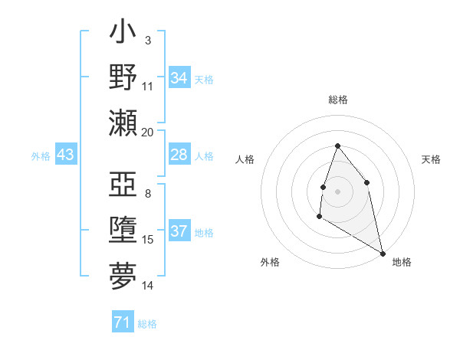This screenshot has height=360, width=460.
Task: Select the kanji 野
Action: coord(123,77)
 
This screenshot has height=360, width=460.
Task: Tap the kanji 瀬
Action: coord(123,123)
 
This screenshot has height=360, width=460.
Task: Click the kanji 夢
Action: coord(123,276)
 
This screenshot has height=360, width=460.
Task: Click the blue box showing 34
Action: coord(179,78)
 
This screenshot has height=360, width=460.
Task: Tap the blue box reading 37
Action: coord(179,231)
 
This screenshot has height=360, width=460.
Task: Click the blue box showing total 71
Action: coord(122,322)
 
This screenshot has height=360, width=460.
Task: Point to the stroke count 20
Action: coord(148,133)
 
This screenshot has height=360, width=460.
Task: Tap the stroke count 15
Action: coord(148,240)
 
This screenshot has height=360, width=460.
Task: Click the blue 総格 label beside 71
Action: coord(147,324)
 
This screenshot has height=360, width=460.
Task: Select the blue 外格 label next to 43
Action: coord(41,156)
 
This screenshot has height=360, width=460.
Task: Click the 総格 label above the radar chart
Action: coord(337,100)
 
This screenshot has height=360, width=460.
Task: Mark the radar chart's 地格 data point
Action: coord(383,254)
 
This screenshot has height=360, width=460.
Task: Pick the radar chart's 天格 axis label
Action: coord(431,159)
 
